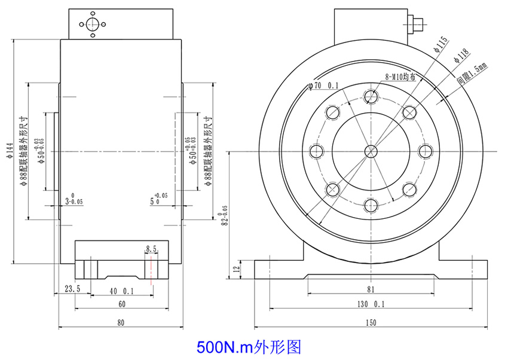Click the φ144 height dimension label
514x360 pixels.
click(x=8, y=152)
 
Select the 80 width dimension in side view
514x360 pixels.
click(x=121, y=322)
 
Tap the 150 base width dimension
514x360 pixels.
click(x=371, y=322)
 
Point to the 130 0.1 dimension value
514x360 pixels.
click(x=371, y=304)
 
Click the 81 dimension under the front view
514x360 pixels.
click(x=371, y=289)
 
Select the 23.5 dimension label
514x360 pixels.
click(x=72, y=289)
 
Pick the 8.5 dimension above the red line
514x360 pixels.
click(x=151, y=248)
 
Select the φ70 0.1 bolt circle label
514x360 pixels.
click(x=323, y=86)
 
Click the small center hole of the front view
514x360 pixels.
click(x=371, y=151)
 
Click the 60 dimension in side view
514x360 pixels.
click(x=121, y=304)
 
